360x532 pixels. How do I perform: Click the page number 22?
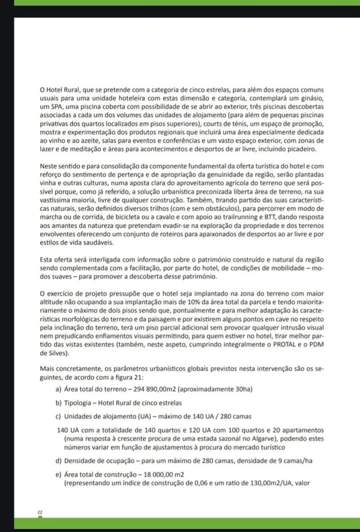[40, 512]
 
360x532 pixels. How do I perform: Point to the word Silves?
[58, 353]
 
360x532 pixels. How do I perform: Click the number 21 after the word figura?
[139, 377]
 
